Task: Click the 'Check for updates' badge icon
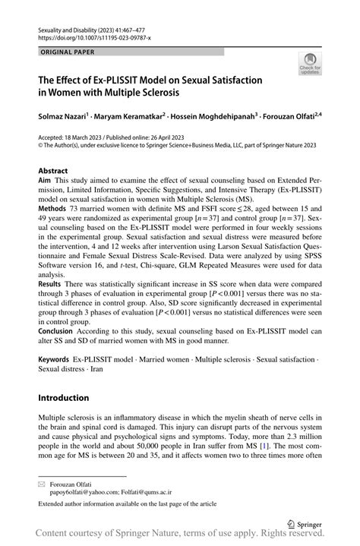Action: click(311, 65)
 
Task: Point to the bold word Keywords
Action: click(55, 357)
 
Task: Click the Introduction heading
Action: click(63, 397)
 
